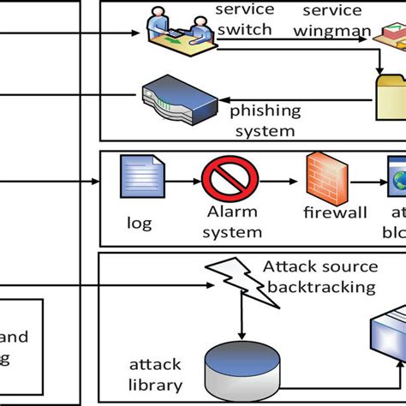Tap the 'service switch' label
pos(244,20)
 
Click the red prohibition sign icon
pos(224,182)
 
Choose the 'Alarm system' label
pos(232,223)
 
